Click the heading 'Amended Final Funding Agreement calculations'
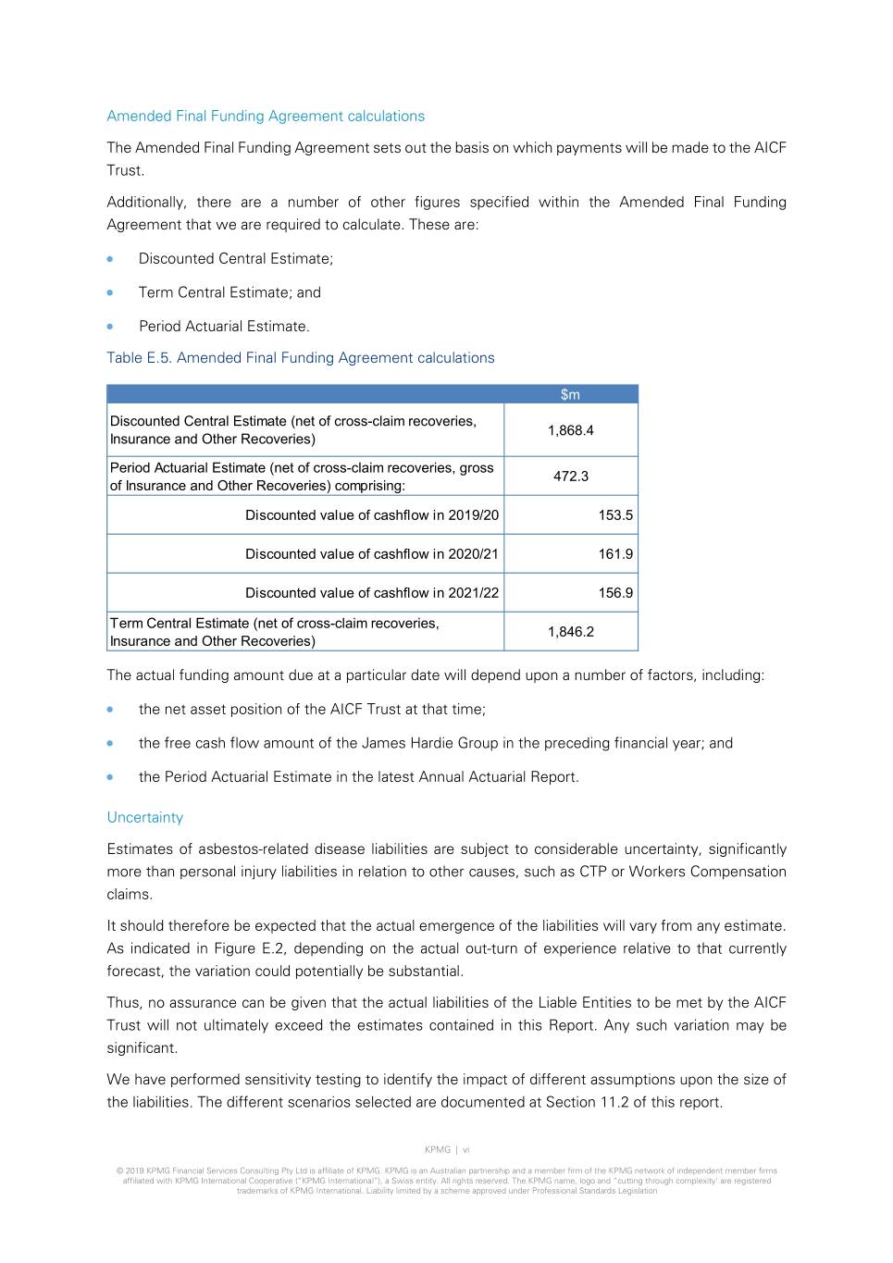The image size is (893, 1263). tap(266, 116)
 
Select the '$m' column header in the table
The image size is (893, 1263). tap(570, 394)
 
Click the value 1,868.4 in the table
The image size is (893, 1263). tap(570, 430)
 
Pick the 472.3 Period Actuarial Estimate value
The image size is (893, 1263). tap(570, 476)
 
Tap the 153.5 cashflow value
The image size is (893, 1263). tap(615, 515)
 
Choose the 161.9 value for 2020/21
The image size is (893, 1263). tap(615, 554)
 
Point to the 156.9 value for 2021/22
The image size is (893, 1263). tap(615, 593)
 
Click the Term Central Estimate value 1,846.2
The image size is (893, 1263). tap(570, 632)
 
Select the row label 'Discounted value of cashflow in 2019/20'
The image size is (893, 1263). tap(371, 515)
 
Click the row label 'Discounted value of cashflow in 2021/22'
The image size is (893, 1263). tap(371, 593)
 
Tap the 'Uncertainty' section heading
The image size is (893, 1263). tap(145, 817)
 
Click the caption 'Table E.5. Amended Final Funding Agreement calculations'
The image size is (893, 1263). tap(301, 358)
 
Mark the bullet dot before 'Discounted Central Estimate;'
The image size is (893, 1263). tap(110, 259)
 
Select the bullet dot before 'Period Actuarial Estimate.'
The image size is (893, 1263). tap(110, 327)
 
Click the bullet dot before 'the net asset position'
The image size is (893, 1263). tap(110, 710)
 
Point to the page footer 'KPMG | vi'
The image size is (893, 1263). tap(447, 1149)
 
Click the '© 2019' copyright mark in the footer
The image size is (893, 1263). tap(130, 1170)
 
